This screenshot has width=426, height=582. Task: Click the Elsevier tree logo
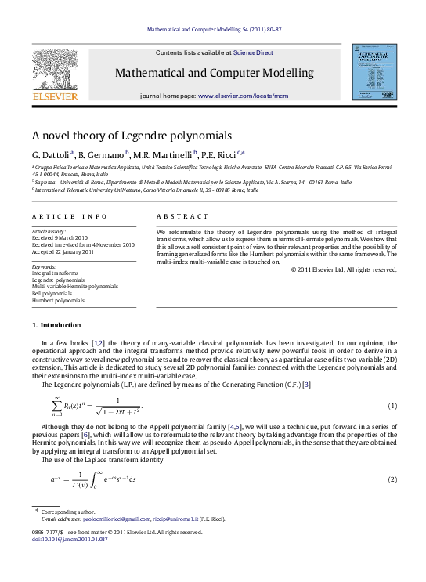tap(54, 70)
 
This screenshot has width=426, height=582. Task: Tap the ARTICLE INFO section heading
tap(60, 215)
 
